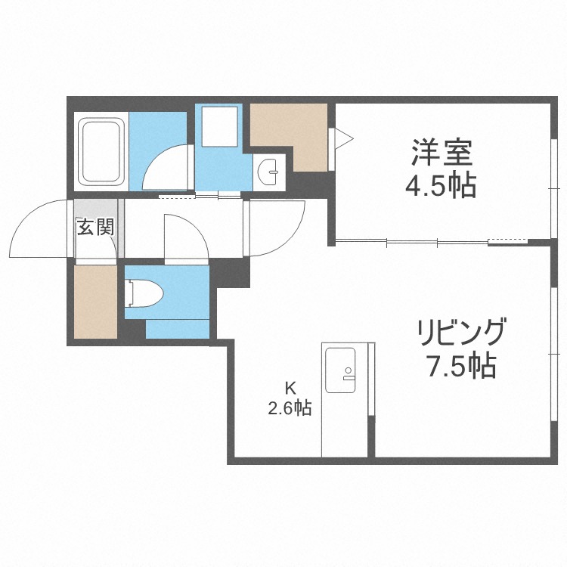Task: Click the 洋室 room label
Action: click(443, 153)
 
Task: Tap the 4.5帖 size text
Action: click(443, 184)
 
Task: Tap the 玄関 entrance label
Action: click(94, 227)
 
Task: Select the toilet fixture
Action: click(141, 292)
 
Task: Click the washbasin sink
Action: click(268, 172)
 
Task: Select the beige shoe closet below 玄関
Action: click(95, 301)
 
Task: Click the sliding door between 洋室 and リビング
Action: click(412, 242)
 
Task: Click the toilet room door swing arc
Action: click(185, 234)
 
